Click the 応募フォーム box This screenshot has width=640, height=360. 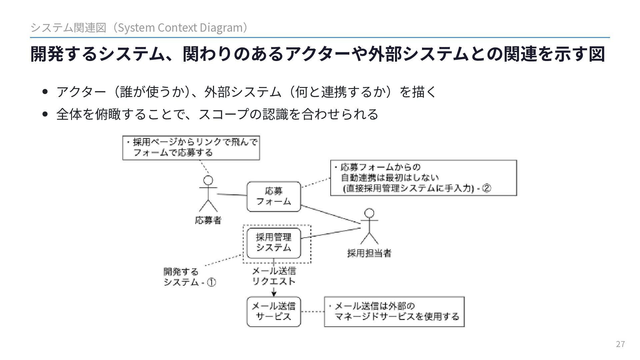point(273,196)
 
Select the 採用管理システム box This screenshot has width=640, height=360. point(273,243)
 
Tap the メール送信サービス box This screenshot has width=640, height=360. point(273,311)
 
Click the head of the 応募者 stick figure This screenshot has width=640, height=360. point(208,180)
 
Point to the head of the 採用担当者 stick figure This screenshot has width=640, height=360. point(369,213)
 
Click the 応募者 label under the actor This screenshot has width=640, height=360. point(208,220)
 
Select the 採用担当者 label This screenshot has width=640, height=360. point(369,253)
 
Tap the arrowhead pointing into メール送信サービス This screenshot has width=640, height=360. point(274,294)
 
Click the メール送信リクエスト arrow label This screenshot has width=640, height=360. point(274,276)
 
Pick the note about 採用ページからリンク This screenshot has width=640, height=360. point(191,148)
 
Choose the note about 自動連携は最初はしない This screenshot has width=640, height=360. point(423,178)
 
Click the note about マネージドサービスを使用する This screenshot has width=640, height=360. point(394,311)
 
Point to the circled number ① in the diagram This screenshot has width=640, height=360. point(212,283)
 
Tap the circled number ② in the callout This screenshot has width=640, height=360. point(486,189)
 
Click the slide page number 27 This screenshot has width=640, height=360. point(620,344)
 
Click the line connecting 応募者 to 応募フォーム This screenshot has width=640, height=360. point(232,194)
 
